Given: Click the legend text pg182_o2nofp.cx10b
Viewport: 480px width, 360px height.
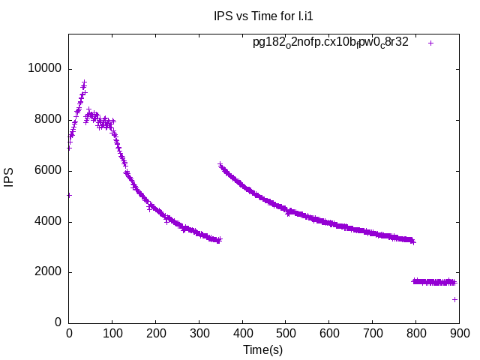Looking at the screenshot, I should [330, 43].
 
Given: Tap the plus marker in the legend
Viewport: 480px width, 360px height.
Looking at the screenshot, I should [430, 43].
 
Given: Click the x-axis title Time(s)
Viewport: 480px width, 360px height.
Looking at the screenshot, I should [262, 349].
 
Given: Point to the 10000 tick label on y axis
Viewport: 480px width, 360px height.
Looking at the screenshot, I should [44, 69].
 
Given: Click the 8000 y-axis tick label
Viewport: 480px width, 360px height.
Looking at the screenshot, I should [47, 120].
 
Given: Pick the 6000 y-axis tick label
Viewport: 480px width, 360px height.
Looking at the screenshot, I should [47, 171].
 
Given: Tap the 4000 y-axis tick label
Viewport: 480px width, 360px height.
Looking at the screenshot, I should [47, 222].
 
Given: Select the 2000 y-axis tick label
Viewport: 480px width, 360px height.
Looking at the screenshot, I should [47, 272].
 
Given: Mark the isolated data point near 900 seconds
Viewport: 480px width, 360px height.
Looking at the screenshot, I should [455, 299].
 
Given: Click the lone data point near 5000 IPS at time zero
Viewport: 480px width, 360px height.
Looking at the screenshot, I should [69, 195].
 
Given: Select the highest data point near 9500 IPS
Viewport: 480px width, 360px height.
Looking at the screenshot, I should [84, 82].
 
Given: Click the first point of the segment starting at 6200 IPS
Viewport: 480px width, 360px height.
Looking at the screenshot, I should [220, 164].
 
